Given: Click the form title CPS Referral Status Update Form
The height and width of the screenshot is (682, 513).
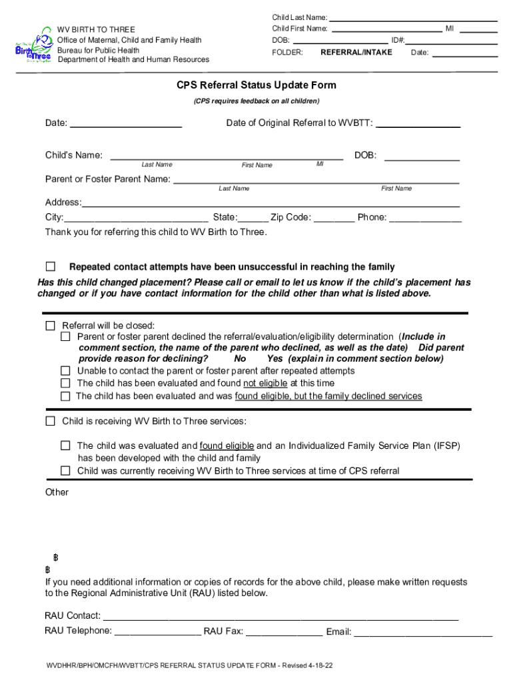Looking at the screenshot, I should click(256, 85).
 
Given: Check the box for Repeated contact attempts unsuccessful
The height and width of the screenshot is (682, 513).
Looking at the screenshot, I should click(51, 267).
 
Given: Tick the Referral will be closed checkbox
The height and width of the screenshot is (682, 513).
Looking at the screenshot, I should click(51, 326).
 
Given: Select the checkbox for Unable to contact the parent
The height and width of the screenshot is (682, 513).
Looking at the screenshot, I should click(65, 371).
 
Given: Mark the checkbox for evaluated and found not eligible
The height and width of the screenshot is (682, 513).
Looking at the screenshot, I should click(65, 383).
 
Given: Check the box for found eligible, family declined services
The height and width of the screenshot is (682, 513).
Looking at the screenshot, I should click(65, 396).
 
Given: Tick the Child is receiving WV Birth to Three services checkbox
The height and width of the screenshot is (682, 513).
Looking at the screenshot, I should click(51, 422).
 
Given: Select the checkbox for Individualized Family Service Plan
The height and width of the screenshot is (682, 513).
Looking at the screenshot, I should click(65, 446).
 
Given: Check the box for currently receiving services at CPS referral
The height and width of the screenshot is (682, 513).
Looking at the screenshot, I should click(65, 471).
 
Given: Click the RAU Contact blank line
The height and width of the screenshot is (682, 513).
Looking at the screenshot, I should click(280, 615).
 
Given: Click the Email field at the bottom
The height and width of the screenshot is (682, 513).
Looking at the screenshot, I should click(422, 631).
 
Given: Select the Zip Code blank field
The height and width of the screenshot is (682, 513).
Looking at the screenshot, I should click(334, 217).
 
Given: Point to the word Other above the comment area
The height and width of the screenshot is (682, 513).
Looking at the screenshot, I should click(57, 492).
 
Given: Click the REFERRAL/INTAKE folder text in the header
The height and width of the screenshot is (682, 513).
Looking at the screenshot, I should click(356, 52).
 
